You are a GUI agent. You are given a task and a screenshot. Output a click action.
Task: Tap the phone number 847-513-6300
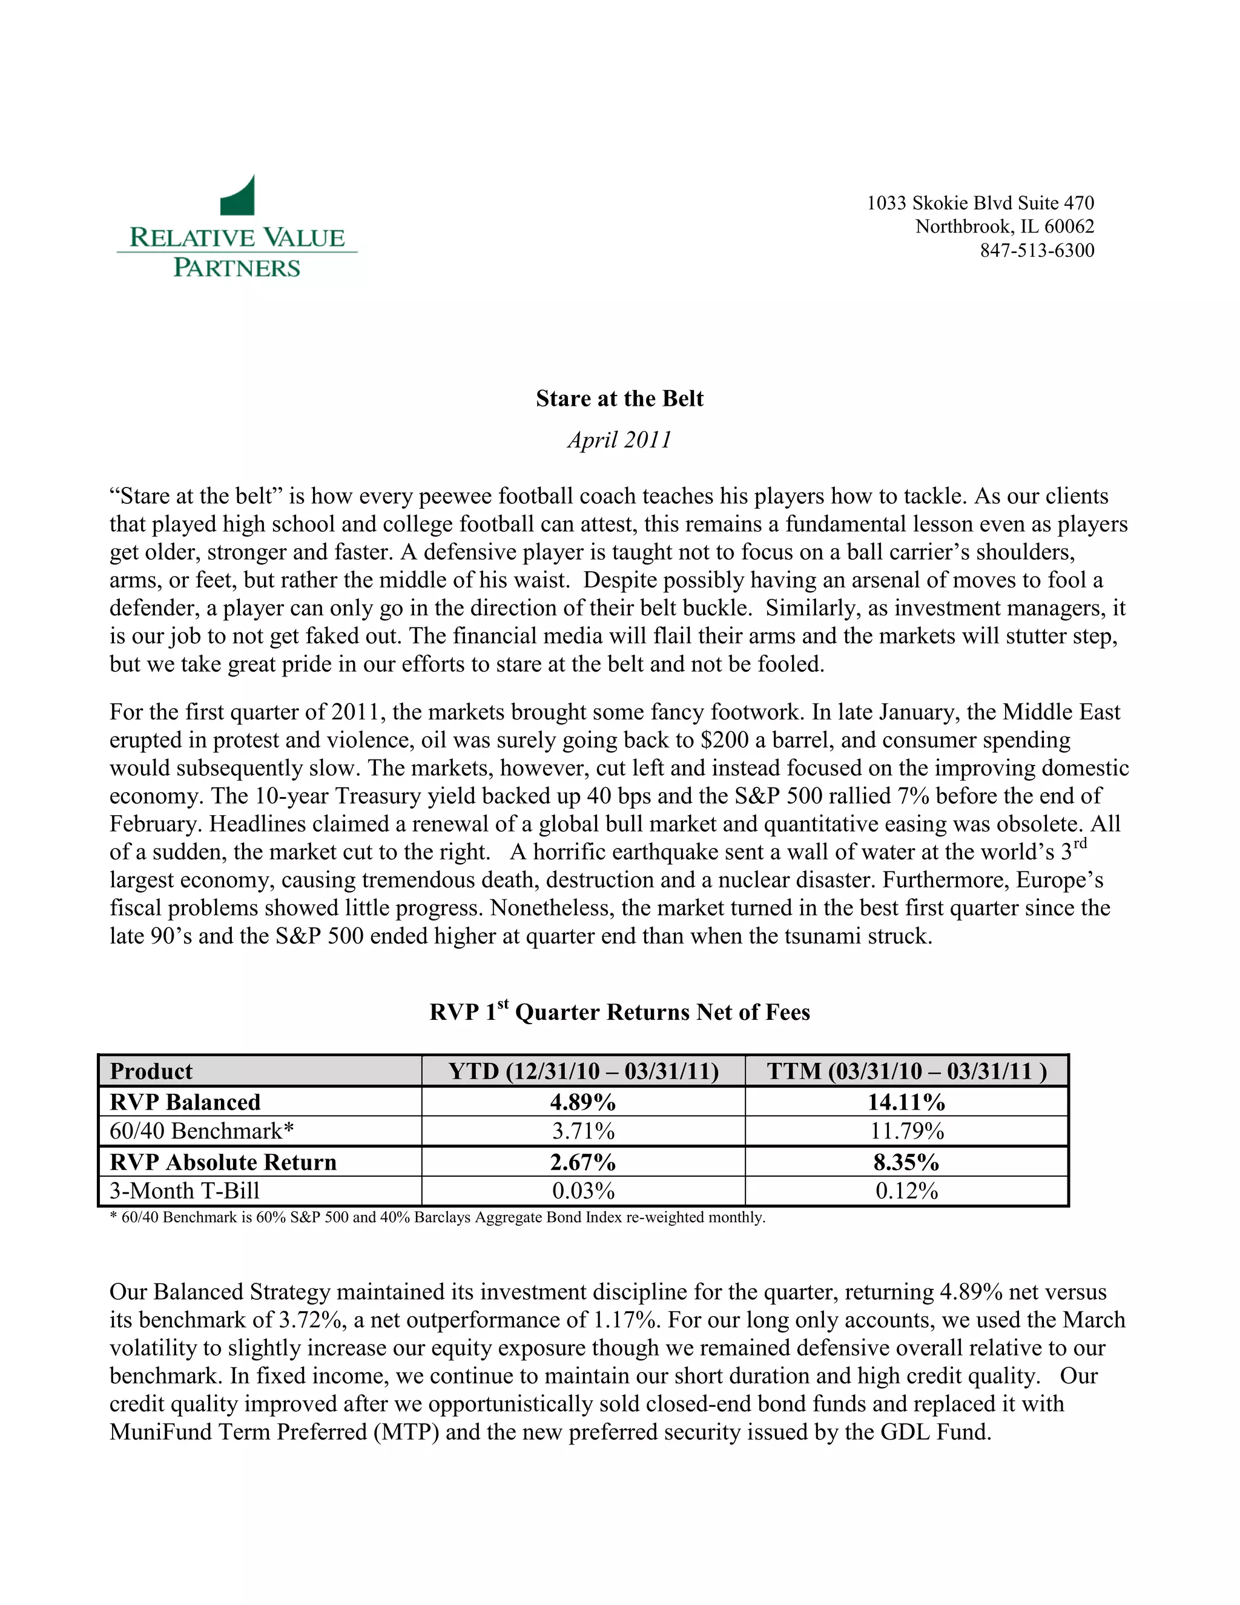pos(1037,251)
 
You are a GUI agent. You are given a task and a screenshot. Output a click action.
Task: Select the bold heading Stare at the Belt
pos(619,399)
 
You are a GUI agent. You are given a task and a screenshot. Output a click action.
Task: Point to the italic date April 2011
pos(619,440)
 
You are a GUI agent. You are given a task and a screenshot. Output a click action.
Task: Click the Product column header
pos(151,1071)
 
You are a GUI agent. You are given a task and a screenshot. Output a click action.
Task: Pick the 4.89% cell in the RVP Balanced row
pos(583,1102)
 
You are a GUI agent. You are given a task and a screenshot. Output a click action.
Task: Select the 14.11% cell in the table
pos(906,1102)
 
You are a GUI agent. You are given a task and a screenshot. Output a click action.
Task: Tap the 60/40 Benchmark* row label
pos(201,1130)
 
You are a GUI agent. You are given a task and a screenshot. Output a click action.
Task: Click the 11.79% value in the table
pos(906,1131)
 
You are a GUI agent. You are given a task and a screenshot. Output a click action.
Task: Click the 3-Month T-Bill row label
pos(185,1191)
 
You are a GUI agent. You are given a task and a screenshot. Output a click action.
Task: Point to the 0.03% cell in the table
pos(583,1191)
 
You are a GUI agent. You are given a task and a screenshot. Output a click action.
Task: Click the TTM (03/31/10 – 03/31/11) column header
pos(906,1071)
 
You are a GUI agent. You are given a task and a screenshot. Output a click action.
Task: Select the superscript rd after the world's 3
pos(1079,844)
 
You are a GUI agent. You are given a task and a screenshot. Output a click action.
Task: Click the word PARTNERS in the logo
pos(237,268)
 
